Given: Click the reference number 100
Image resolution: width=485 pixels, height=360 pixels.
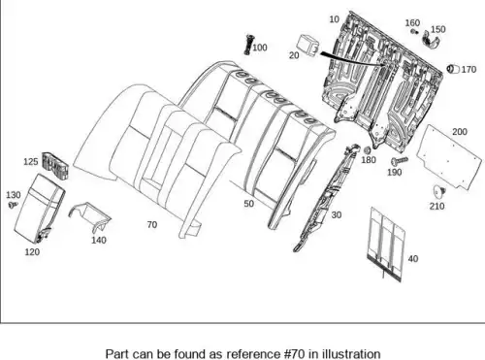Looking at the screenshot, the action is click(x=260, y=48).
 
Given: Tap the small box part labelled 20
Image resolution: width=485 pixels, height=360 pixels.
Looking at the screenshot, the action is click(x=308, y=46).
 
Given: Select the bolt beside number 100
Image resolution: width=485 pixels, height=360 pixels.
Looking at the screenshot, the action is click(x=248, y=45).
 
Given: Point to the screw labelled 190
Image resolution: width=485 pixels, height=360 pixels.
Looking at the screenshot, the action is click(x=400, y=160).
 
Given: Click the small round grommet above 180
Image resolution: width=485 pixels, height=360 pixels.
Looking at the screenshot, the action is click(x=367, y=150).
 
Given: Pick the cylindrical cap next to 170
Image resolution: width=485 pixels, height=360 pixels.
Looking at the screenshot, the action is click(x=453, y=69).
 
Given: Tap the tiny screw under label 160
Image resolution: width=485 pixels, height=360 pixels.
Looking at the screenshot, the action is click(x=414, y=31).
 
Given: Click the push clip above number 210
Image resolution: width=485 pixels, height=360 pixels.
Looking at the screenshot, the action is click(x=439, y=191).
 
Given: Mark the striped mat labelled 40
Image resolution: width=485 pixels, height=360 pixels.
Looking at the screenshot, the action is click(x=386, y=245).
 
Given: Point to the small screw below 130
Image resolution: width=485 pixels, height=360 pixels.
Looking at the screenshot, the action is click(x=13, y=205).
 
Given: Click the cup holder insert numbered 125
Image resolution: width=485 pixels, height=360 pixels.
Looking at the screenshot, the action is click(x=55, y=166).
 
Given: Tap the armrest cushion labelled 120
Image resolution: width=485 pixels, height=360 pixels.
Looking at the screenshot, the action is click(x=40, y=209).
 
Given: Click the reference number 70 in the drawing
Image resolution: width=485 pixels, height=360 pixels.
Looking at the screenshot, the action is click(x=152, y=224).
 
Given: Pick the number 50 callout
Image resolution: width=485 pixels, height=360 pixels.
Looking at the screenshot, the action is click(x=248, y=204).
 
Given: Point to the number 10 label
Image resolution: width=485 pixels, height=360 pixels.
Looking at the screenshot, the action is click(x=334, y=19).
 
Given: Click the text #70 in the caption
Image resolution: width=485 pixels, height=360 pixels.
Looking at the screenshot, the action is click(x=295, y=353).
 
